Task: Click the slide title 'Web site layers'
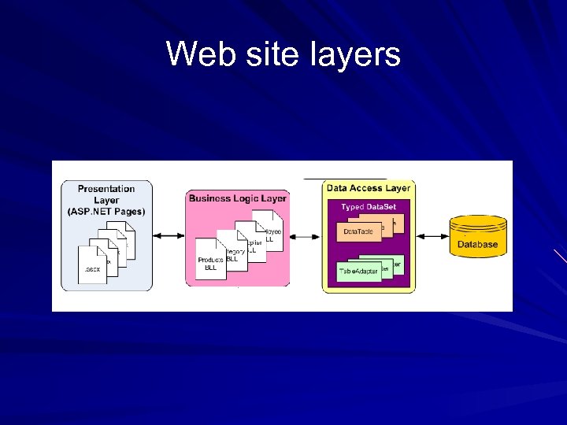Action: (x=283, y=54)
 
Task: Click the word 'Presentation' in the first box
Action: (x=106, y=189)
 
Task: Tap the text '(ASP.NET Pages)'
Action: (x=106, y=211)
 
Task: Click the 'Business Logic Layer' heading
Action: (x=237, y=198)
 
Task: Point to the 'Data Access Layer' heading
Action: (x=369, y=188)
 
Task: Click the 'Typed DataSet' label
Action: (x=369, y=207)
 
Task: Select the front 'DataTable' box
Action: (x=358, y=231)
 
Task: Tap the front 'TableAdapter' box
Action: (x=358, y=272)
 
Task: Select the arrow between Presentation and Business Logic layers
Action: (x=169, y=235)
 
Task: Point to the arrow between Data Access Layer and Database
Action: (x=432, y=235)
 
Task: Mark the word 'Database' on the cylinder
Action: (x=477, y=244)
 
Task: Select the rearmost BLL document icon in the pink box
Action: (x=268, y=233)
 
